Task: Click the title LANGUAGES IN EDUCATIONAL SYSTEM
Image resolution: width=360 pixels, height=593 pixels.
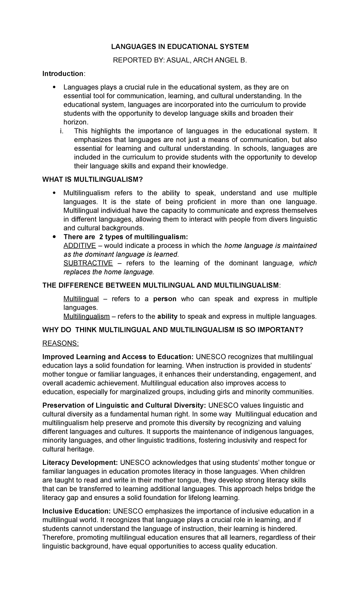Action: [180, 47]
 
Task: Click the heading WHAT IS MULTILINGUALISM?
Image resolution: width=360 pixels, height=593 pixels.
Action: [93, 179]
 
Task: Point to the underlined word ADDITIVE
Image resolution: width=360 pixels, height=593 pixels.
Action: [79, 246]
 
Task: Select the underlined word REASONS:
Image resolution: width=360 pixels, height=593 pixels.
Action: [61, 343]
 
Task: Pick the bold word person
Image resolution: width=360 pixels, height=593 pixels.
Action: [165, 299]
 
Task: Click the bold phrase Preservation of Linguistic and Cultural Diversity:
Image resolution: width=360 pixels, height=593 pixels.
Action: [124, 405]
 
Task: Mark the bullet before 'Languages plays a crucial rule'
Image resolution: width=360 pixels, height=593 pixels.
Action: [54, 87]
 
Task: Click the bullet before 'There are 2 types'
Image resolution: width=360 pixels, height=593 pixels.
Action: [54, 237]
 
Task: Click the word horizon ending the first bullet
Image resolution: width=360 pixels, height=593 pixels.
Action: [76, 122]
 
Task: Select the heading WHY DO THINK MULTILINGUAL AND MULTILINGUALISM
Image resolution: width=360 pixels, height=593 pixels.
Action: [173, 330]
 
